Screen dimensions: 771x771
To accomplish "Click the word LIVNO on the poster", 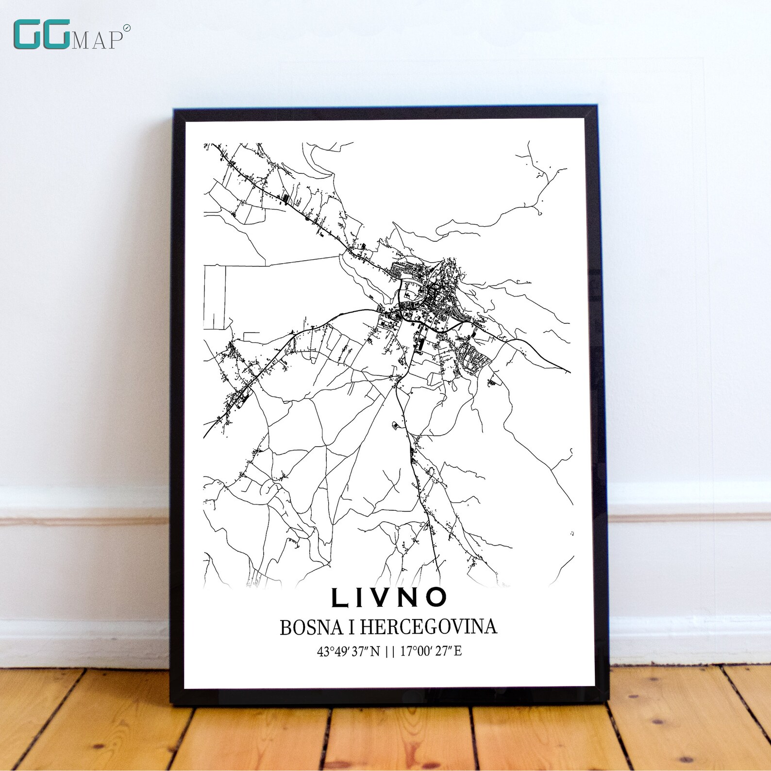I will [389, 597].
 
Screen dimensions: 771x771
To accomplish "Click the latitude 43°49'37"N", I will [348, 652].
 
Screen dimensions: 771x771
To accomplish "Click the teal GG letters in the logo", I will [41, 35].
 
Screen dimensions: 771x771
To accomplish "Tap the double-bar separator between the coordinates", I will [389, 652].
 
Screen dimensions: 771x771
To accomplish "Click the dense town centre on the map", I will [427, 301].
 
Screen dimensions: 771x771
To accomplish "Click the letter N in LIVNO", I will [410, 598].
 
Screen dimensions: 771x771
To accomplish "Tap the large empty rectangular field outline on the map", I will [215, 297].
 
